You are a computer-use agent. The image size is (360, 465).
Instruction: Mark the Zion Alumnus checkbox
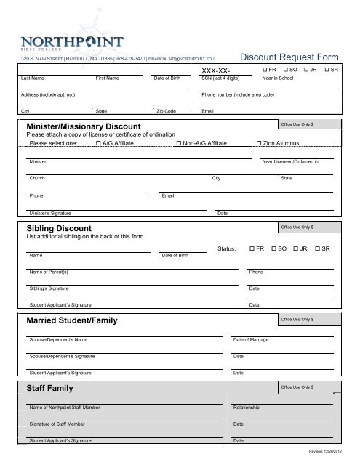coord(260,144)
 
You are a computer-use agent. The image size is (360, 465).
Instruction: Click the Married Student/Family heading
coord(72,321)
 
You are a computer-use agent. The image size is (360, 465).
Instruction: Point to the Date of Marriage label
coord(251,340)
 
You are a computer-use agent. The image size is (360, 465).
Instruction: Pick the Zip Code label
coord(167,112)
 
